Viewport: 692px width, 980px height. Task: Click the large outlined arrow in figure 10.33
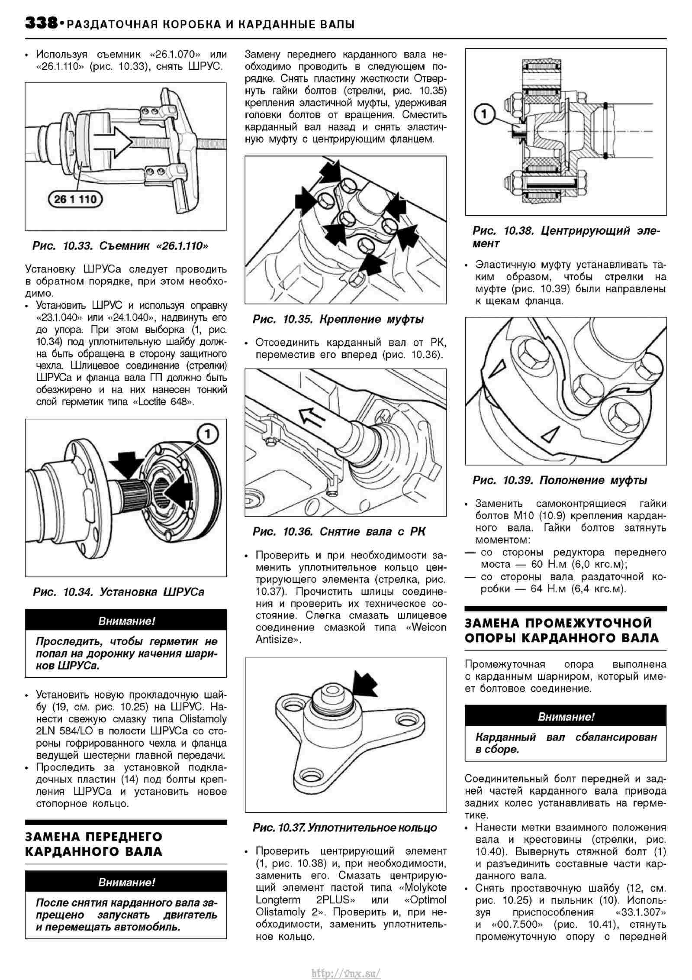pos(114,142)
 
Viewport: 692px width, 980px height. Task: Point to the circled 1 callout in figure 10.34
pos(208,434)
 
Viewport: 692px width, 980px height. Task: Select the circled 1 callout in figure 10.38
pos(484,115)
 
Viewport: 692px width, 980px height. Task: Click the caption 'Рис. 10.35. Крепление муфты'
pos(338,320)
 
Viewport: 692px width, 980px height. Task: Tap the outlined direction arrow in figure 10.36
pos(313,417)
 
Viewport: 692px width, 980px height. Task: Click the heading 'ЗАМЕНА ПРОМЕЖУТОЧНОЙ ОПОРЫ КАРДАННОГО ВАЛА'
pos(561,631)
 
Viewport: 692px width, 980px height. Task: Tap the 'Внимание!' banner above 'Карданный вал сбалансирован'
pos(565,717)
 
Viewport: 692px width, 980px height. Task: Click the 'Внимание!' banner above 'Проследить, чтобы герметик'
pos(126,621)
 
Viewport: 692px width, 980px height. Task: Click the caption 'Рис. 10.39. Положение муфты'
pos(560,480)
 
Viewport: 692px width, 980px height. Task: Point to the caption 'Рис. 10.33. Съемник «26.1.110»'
pos(120,246)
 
